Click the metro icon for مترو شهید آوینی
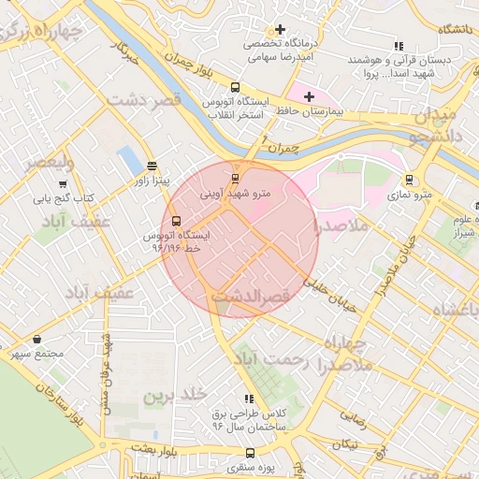pyautogui.click(x=235, y=178)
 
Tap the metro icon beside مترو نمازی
pyautogui.click(x=409, y=180)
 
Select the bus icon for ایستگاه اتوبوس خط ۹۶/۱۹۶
pyautogui.click(x=176, y=221)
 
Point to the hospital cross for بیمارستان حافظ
pyautogui.click(x=310, y=96)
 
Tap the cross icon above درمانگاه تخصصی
pyautogui.click(x=279, y=29)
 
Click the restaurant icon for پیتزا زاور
pyautogui.click(x=152, y=166)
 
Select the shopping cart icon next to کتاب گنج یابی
pyautogui.click(x=63, y=184)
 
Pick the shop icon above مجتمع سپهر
pyautogui.click(x=36, y=339)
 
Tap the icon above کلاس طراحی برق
pyautogui.click(x=248, y=398)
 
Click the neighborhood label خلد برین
pyautogui.click(x=173, y=397)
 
